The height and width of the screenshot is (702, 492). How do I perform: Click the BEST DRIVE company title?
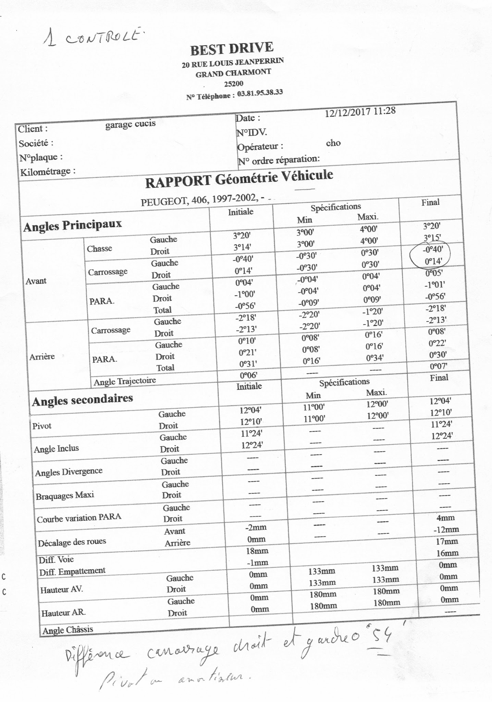click(232, 49)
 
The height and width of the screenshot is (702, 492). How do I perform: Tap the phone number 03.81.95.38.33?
click(260, 93)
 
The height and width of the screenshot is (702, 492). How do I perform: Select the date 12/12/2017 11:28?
click(360, 112)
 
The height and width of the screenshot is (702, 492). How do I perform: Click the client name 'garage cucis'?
click(130, 124)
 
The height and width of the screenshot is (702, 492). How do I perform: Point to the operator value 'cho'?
click(333, 143)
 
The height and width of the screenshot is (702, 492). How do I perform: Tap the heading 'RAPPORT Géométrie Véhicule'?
click(239, 178)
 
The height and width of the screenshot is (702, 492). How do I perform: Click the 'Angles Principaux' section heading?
click(72, 225)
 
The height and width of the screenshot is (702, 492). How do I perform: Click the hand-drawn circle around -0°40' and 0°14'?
click(430, 254)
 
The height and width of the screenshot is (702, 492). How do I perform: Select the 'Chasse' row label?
click(99, 248)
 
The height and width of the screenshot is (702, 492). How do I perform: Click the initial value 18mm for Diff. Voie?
click(257, 551)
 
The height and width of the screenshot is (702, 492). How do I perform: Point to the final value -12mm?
click(446, 530)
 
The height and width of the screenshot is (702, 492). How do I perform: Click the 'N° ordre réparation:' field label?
click(279, 160)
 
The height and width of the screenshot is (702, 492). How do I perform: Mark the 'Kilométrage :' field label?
click(48, 171)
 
